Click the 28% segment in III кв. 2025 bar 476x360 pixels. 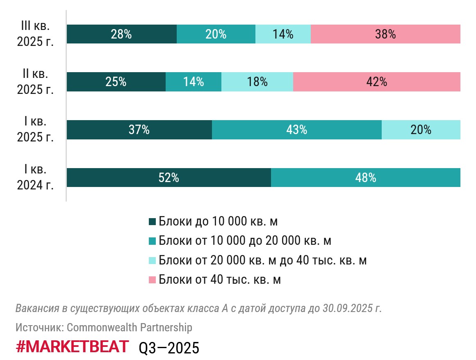click(x=121, y=34)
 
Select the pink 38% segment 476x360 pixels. click(x=385, y=34)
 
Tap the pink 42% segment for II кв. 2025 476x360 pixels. click(x=377, y=82)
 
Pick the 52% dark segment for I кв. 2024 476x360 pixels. click(x=169, y=178)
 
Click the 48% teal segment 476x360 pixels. click(x=366, y=178)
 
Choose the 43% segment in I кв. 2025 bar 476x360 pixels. click(x=297, y=130)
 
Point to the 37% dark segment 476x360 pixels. click(x=139, y=130)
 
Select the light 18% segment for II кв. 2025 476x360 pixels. click(x=257, y=82)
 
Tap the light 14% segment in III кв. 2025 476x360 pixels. click(x=283, y=34)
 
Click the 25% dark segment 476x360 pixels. click(x=116, y=82)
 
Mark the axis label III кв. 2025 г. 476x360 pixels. click(x=35, y=34)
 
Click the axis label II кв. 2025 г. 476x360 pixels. click(x=35, y=82)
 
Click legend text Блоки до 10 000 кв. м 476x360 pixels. click(x=218, y=221)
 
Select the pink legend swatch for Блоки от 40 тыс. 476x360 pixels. click(x=153, y=280)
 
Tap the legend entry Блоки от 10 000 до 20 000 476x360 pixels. click(x=245, y=241)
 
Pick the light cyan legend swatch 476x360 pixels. click(x=153, y=260)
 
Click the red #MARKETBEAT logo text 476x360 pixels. click(x=72, y=347)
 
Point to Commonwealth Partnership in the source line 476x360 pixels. click(x=129, y=328)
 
